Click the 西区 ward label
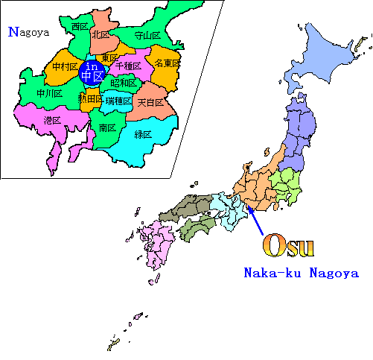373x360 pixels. tap(80, 27)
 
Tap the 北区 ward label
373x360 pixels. tap(101, 34)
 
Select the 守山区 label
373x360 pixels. tap(147, 35)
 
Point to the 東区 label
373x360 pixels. tap(109, 58)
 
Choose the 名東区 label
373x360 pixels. tap(168, 63)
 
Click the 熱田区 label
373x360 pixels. tap(89, 99)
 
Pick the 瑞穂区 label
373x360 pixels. tap(118, 101)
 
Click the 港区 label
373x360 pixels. tap(52, 120)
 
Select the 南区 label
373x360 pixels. tap(106, 128)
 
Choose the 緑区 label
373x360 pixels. tap(143, 134)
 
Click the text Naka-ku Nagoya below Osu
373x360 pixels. tap(302, 273)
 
